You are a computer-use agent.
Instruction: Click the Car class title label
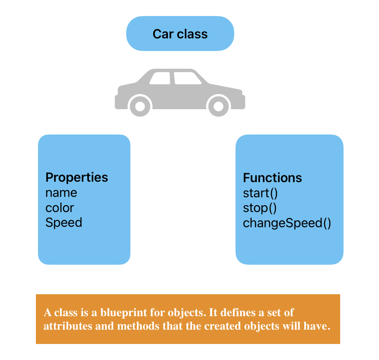(180, 34)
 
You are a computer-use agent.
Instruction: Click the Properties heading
(77, 177)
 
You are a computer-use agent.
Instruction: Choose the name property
(61, 193)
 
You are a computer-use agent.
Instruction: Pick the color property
(60, 208)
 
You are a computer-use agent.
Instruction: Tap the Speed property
(64, 223)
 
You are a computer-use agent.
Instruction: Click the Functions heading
(272, 178)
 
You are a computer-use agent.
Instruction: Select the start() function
(261, 193)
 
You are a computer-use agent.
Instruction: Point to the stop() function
(260, 208)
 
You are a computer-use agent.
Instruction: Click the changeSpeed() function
(287, 223)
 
